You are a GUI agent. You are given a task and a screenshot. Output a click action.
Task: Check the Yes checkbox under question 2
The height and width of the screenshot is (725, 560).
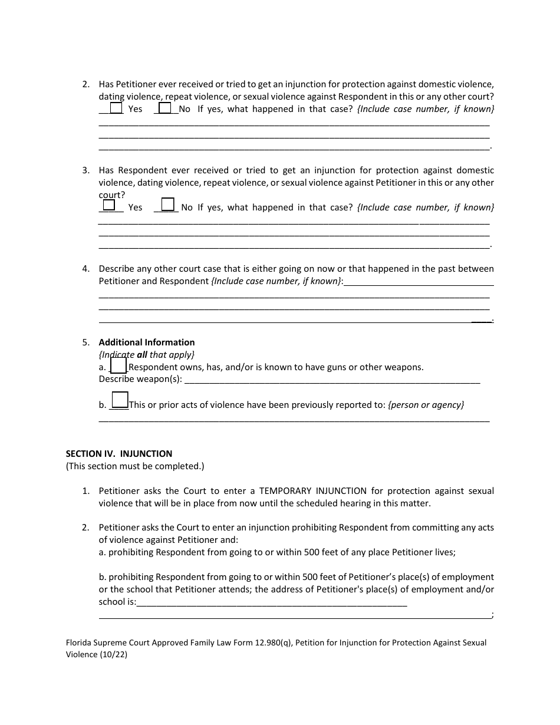click(116, 108)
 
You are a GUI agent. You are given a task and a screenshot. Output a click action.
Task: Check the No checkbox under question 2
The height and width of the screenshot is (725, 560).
click(165, 108)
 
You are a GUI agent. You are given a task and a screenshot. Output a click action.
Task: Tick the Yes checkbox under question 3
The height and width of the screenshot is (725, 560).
click(109, 205)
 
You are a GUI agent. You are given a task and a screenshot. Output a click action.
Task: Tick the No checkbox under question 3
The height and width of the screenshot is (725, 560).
click(168, 205)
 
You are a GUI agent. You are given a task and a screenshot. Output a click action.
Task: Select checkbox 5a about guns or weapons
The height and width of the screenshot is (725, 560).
click(118, 366)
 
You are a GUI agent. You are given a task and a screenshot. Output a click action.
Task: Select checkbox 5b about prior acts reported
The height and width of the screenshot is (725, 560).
click(120, 400)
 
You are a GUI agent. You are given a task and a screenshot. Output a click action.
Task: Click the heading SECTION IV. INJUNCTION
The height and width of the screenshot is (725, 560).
click(119, 454)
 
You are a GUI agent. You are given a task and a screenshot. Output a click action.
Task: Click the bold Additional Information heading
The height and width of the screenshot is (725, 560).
click(147, 342)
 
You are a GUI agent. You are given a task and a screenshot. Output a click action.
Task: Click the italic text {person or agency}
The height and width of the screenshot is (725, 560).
click(426, 405)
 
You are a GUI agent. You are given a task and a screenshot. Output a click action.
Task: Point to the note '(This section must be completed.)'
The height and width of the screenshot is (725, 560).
click(135, 466)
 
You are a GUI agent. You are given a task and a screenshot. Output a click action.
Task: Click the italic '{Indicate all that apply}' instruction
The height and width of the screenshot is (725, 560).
click(146, 355)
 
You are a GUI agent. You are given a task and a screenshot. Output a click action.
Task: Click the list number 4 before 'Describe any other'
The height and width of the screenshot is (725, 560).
click(85, 269)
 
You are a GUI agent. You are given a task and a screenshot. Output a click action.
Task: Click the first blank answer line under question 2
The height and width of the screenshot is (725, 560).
click(294, 123)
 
